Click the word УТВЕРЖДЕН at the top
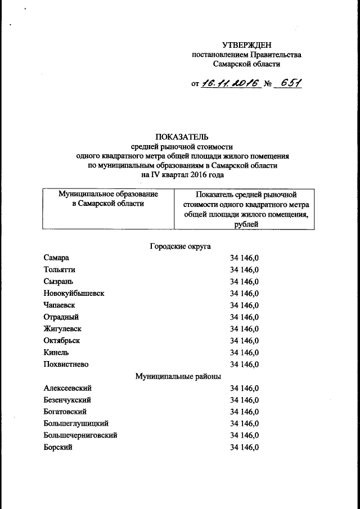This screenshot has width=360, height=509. [246, 44]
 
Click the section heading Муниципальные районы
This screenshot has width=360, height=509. [178, 376]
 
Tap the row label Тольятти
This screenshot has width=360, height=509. [59, 269]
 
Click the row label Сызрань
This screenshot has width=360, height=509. [58, 281]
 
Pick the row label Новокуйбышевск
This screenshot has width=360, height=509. [74, 293]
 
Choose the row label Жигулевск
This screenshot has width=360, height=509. [62, 328]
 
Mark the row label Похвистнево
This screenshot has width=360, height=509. [66, 364]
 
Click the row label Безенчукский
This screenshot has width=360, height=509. [67, 400]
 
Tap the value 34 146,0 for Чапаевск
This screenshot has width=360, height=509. [244, 305]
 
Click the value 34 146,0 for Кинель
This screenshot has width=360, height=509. [244, 353]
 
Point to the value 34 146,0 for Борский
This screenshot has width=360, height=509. [244, 447]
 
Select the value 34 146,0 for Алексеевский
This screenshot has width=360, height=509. [244, 388]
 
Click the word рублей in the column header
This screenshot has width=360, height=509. [244, 224]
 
